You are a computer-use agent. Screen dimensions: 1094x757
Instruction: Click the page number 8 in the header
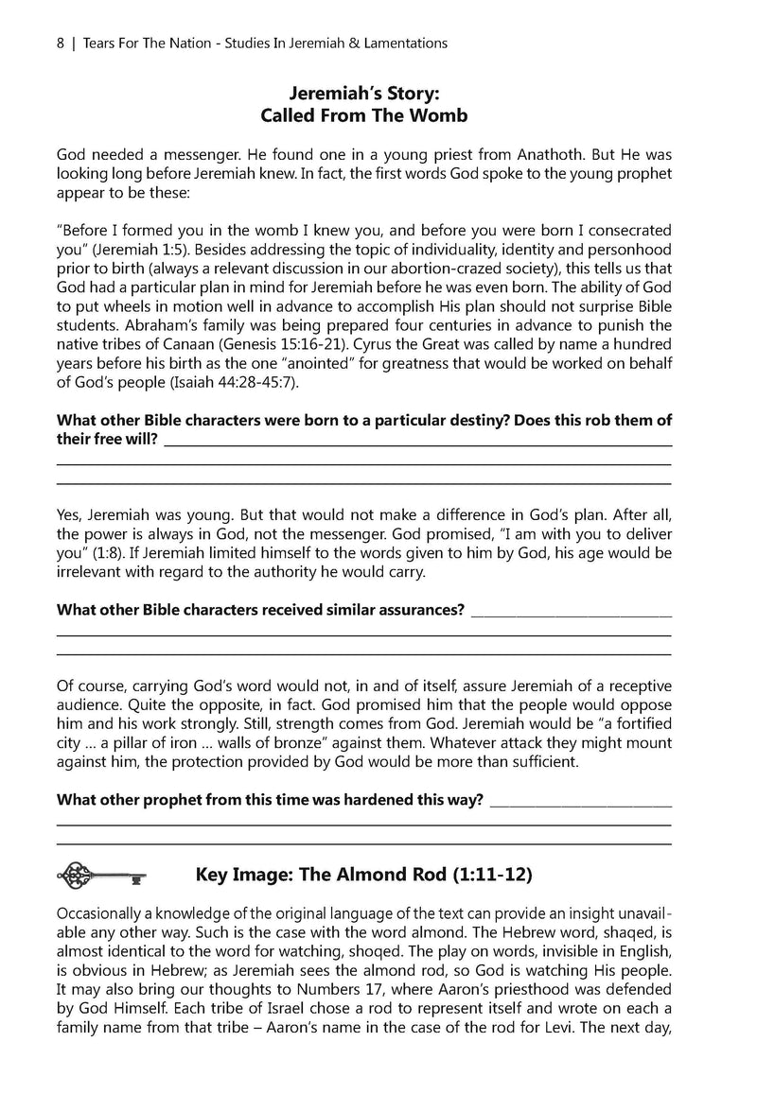click(x=60, y=43)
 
